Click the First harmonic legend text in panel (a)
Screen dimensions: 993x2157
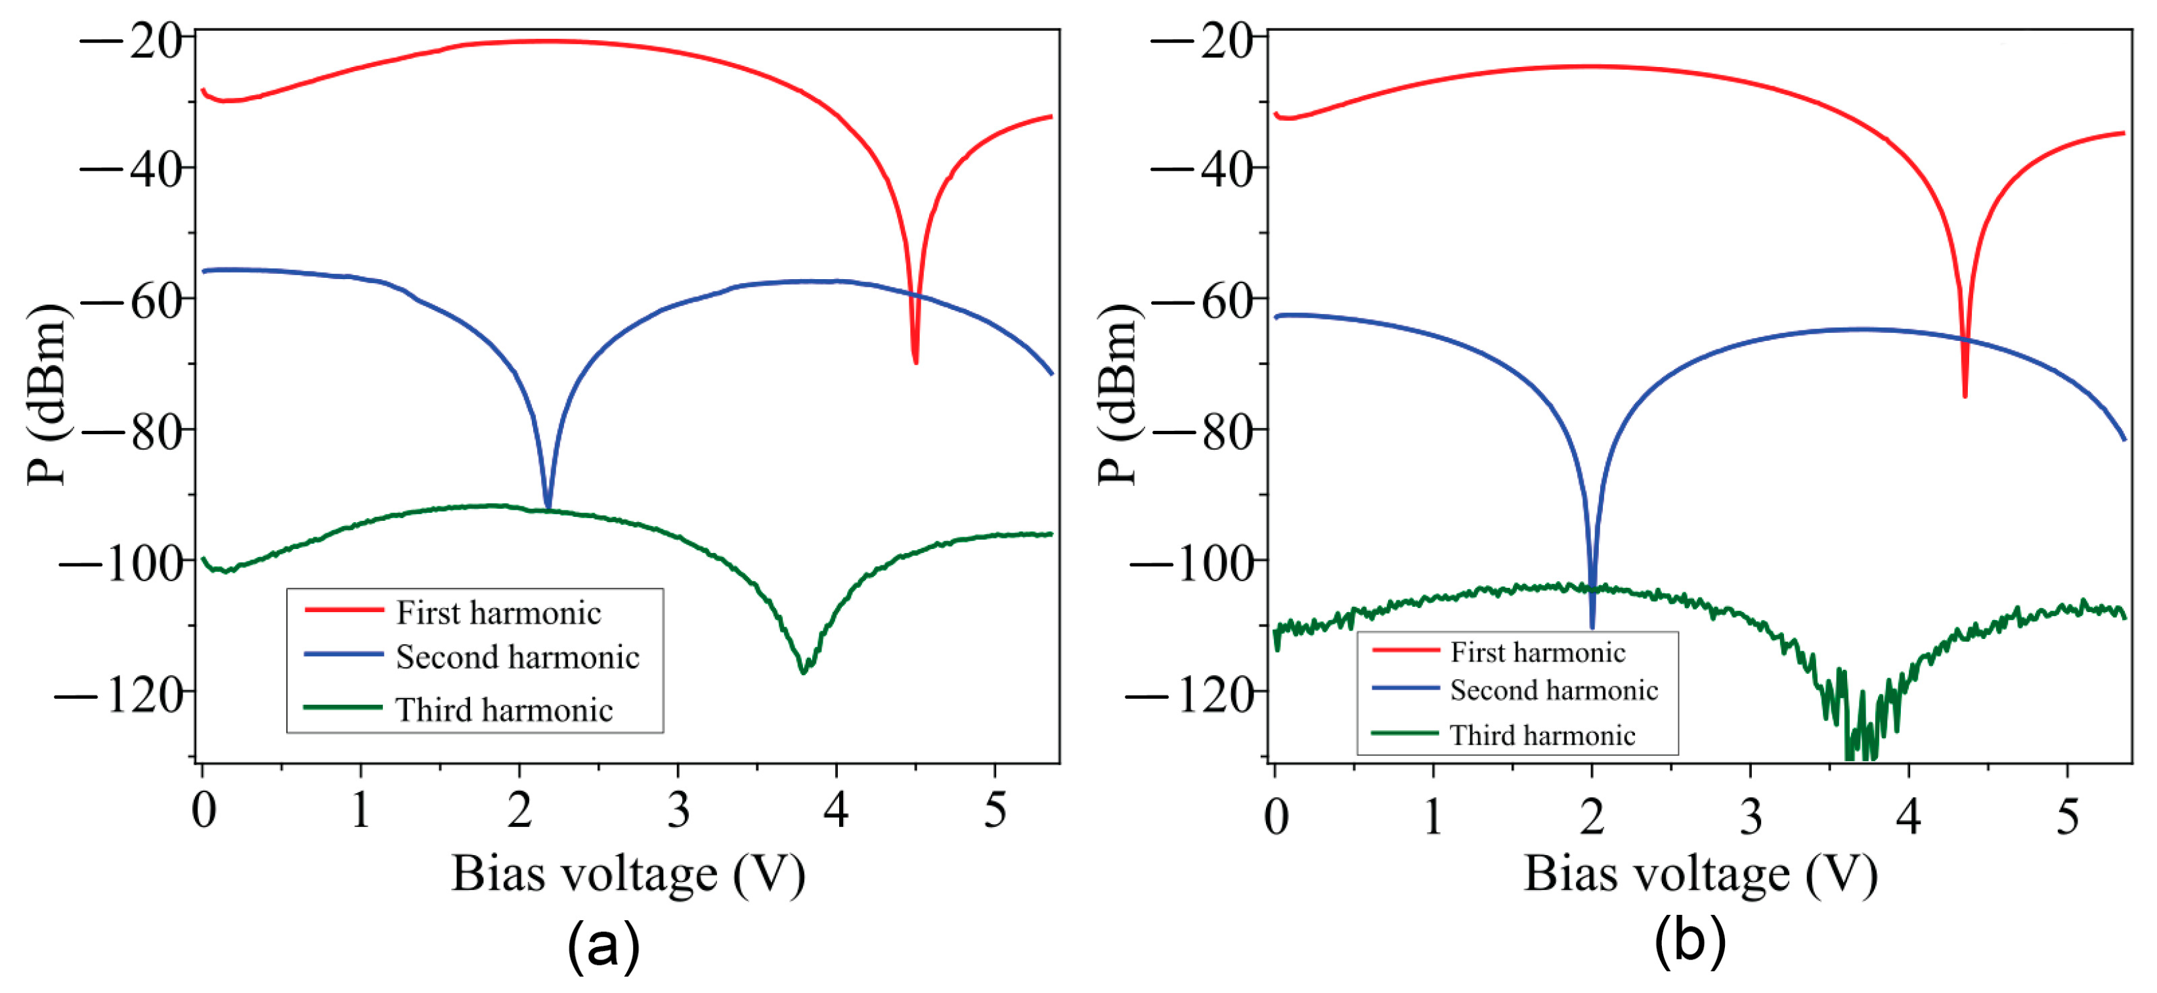pyautogui.click(x=498, y=613)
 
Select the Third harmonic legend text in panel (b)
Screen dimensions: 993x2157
pyautogui.click(x=1542, y=735)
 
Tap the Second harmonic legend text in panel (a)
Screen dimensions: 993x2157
pyautogui.click(x=517, y=657)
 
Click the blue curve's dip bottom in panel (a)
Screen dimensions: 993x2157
pyautogui.click(x=548, y=506)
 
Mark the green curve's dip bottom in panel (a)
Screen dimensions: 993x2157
pyautogui.click(x=804, y=671)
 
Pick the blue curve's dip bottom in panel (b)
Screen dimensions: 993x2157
pyautogui.click(x=1592, y=627)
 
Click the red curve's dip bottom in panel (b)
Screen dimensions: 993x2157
pyautogui.click(x=1965, y=395)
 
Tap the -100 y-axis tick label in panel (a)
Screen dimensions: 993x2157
pyautogui.click(x=122, y=563)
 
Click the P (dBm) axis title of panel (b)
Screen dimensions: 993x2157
pyautogui.click(x=1118, y=393)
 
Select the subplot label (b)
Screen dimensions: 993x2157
pyautogui.click(x=1689, y=941)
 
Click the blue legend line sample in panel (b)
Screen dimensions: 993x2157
pyautogui.click(x=1405, y=688)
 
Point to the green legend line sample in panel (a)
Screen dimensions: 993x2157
pyautogui.click(x=343, y=707)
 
